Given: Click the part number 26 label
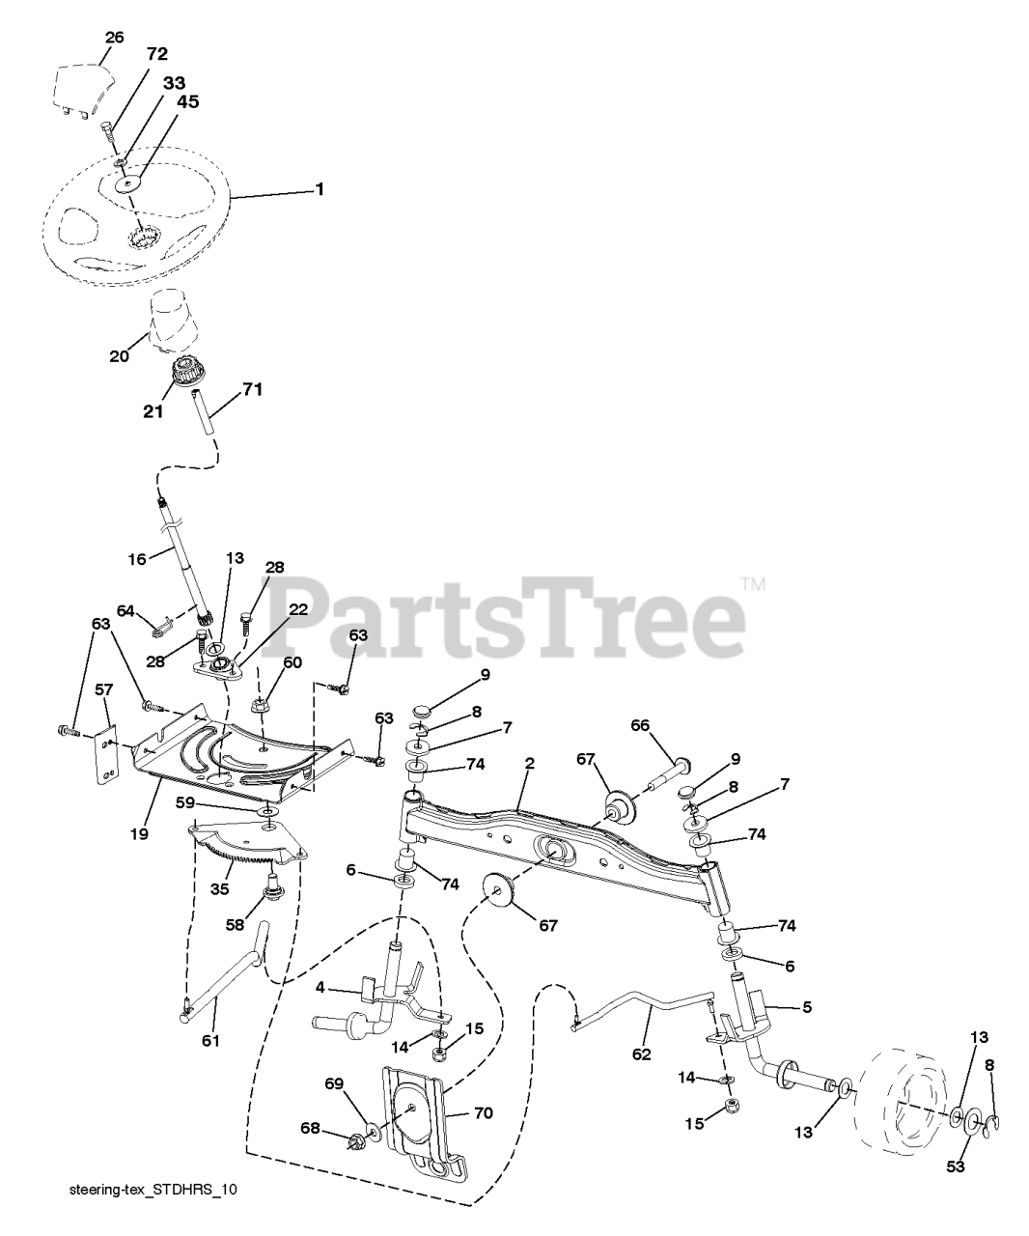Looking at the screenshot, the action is pos(114,38).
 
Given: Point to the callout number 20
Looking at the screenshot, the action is pos(119,356).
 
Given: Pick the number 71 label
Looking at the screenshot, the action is pos(252,389).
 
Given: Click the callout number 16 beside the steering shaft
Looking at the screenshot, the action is pos(137,559).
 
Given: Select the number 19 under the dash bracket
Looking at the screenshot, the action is pos(140,834).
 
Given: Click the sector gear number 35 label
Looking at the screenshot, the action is pos(219,888).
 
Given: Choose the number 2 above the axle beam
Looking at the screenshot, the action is pos(530,763).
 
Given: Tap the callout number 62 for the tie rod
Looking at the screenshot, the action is pos(641,1054).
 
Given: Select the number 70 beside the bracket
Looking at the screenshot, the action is pos(484,1112).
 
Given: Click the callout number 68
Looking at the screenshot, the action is pos(310,1128).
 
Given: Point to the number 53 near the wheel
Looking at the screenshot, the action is pos(956,1166).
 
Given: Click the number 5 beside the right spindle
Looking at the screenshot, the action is pos(807,1007).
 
